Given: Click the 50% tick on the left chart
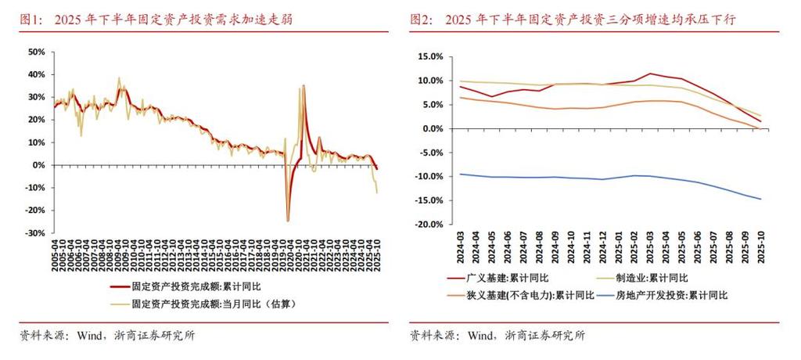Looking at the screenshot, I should coord(35,52).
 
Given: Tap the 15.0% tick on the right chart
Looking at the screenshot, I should coord(430,57).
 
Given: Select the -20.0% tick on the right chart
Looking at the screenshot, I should coord(428,225).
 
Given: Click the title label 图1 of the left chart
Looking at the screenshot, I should coord(31,19).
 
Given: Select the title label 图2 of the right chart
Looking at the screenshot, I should coord(422,19).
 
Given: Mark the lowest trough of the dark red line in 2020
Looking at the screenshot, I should coord(289,220).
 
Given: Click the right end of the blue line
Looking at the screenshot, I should coord(760,199).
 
